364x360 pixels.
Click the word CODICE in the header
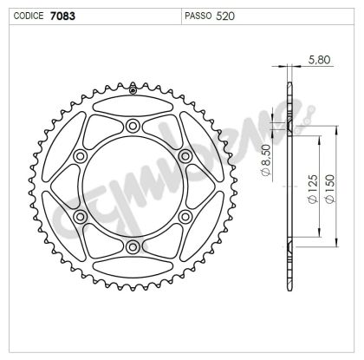(26, 16)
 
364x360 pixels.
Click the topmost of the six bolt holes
(133, 127)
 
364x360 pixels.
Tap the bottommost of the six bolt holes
(133, 248)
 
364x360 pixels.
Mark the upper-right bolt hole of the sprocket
(185, 157)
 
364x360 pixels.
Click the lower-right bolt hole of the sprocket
(185, 218)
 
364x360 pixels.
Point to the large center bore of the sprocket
(133, 187)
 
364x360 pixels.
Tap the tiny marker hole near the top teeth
(133, 88)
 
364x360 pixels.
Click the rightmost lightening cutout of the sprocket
(213, 187)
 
